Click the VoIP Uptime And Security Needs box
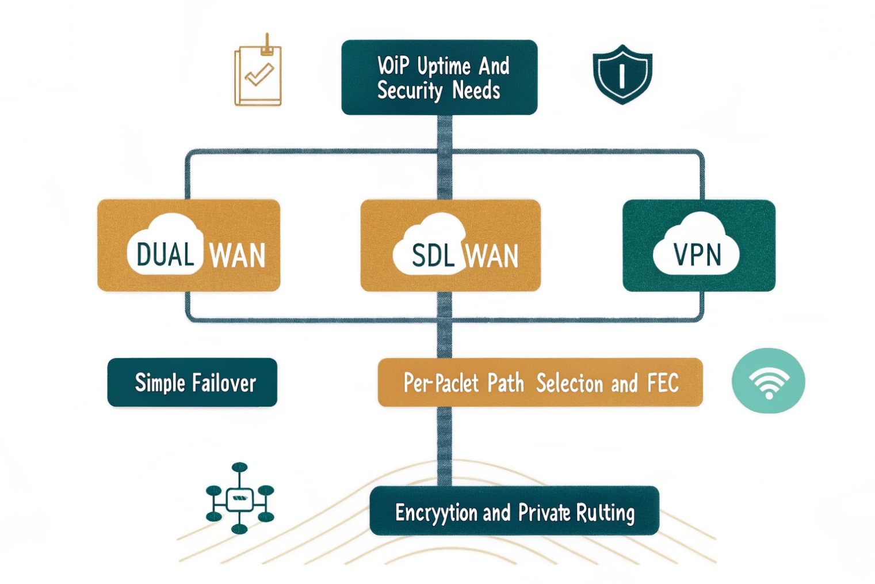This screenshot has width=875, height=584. click(x=439, y=77)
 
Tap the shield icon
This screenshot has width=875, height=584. click(x=622, y=74)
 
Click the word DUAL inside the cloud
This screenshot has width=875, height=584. click(x=165, y=255)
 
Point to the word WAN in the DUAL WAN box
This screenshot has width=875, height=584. click(x=238, y=256)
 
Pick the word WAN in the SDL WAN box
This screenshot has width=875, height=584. click(x=492, y=256)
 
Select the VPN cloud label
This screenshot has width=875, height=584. click(x=697, y=254)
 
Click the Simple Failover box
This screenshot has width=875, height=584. click(x=192, y=382)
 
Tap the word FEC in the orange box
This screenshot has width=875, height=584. click(x=663, y=383)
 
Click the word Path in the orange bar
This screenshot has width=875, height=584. click(x=506, y=383)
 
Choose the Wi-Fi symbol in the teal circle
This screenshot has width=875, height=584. click(x=768, y=381)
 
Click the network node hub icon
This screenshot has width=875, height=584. click(x=240, y=498)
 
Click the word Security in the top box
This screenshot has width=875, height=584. click(x=410, y=91)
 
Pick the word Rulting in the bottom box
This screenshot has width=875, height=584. click(x=605, y=513)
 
